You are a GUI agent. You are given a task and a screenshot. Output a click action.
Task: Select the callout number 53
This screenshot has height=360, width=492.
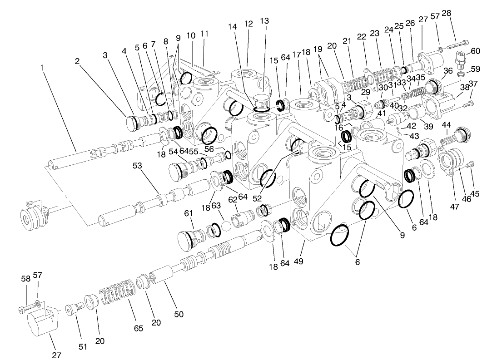coord(138,166)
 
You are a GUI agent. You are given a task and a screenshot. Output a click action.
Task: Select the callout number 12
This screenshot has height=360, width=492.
coord(248,24)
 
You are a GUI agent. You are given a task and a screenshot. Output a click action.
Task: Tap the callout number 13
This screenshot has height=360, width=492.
coord(264,21)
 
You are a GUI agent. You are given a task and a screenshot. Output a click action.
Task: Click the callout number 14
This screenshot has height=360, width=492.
coord(233,27)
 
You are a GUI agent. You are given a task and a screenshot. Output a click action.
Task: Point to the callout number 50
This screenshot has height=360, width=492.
coord(179,314)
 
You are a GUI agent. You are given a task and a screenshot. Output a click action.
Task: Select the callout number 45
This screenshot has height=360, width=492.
coord(475,194)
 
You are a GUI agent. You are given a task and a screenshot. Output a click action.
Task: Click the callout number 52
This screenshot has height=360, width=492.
coord(258,198)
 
